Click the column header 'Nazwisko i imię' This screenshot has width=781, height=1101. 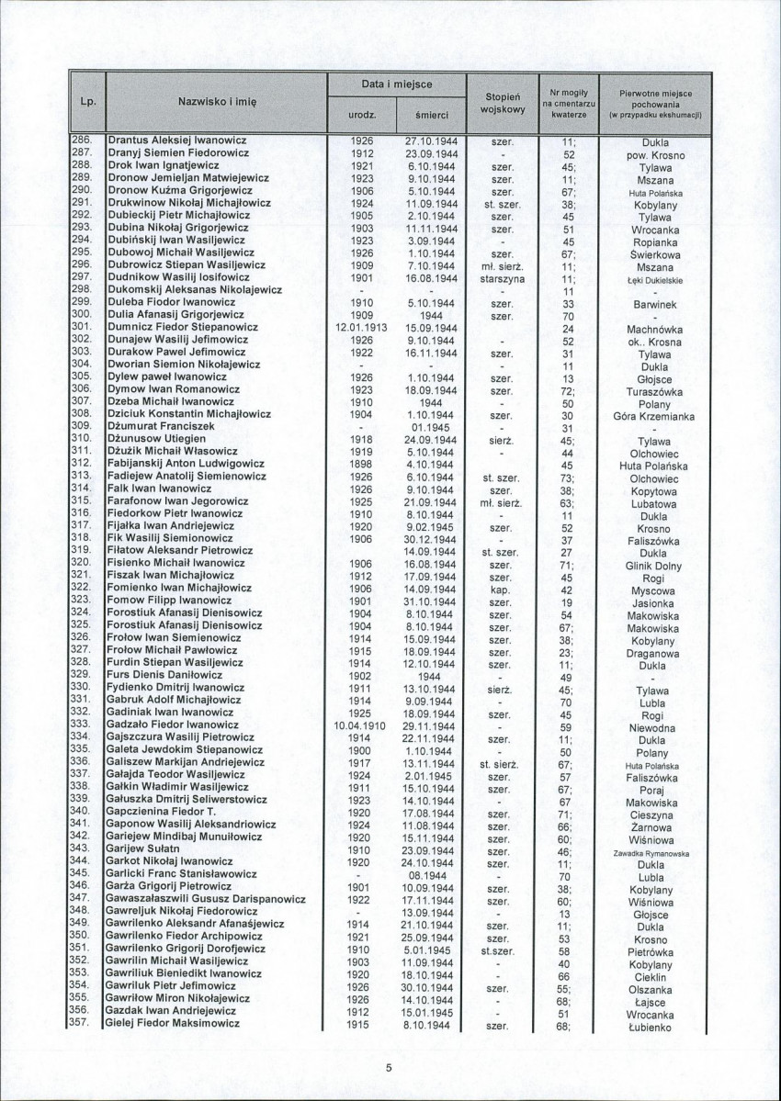(217, 102)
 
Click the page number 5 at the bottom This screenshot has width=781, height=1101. (389, 1067)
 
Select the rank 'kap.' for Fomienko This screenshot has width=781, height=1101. (501, 590)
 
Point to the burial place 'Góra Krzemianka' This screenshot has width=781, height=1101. (654, 416)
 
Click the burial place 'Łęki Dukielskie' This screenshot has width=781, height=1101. (654, 279)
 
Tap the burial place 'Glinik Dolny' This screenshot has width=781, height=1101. (654, 566)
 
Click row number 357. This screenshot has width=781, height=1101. (81, 1023)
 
